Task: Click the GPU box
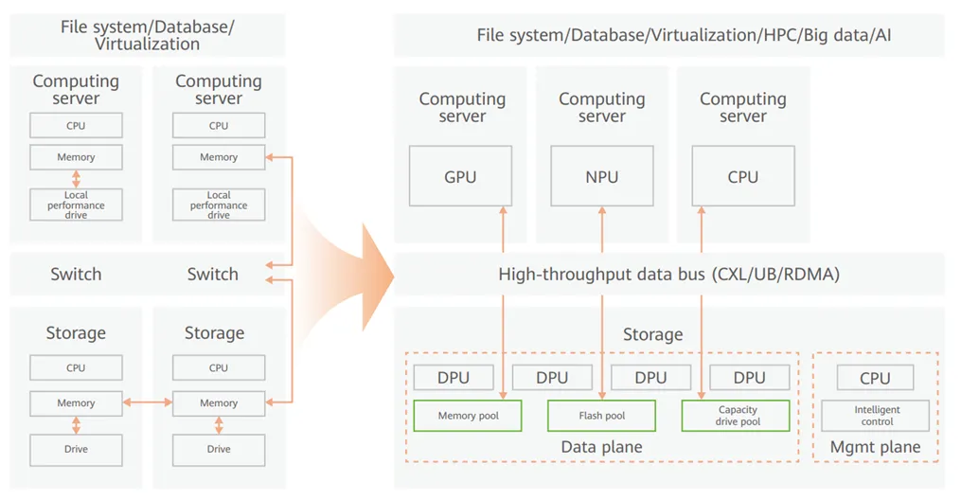click(x=460, y=176)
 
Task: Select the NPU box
click(x=602, y=176)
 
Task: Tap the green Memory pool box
click(x=468, y=416)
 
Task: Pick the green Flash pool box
click(x=601, y=416)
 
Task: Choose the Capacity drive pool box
click(x=736, y=416)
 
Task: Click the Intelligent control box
click(x=875, y=416)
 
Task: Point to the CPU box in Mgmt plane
click(x=875, y=378)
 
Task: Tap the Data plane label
click(x=602, y=447)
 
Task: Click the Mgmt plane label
click(x=875, y=447)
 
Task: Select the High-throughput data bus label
click(x=668, y=274)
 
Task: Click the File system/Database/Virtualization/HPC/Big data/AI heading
click(x=684, y=35)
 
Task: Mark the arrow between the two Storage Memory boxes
click(x=147, y=402)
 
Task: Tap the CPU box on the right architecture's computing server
click(x=743, y=176)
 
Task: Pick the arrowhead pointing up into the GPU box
click(x=503, y=210)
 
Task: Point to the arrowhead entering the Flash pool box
click(x=602, y=395)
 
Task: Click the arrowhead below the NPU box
click(x=602, y=210)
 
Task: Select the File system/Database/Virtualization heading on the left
click(x=147, y=36)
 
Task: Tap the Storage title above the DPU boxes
click(x=652, y=334)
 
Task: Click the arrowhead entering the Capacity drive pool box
click(x=702, y=395)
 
